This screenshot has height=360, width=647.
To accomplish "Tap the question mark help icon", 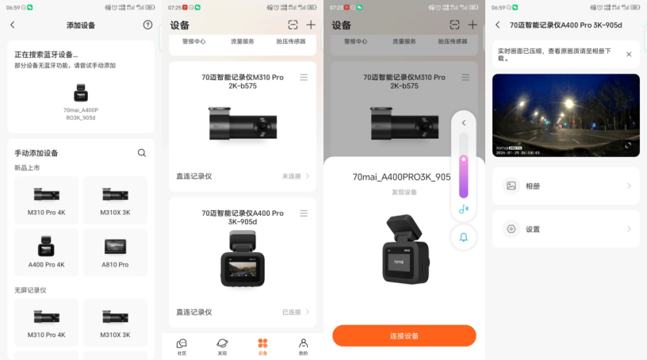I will click(x=147, y=25).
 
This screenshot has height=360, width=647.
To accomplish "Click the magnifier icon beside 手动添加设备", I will click(x=142, y=153).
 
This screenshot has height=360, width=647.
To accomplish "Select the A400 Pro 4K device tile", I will click(x=47, y=251).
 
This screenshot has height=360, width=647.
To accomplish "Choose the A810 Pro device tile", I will click(x=115, y=251).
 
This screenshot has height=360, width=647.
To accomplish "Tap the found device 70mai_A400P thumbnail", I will click(x=81, y=94).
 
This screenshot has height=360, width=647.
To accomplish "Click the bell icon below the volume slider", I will click(x=464, y=236).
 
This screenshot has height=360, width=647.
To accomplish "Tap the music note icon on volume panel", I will click(x=464, y=209).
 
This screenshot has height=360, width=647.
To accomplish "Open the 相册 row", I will click(x=565, y=186).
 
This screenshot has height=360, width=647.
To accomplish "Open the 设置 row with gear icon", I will click(x=565, y=229).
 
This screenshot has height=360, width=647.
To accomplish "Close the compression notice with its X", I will click(x=629, y=55).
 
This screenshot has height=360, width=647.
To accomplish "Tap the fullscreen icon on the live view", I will click(x=629, y=145).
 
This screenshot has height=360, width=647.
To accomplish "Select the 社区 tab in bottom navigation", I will click(x=182, y=346).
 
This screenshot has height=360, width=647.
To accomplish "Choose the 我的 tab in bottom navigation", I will click(x=303, y=346).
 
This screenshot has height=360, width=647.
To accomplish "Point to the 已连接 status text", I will click(x=292, y=312).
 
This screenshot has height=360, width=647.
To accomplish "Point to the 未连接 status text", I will click(x=292, y=176).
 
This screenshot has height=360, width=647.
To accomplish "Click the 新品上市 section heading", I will click(x=29, y=167).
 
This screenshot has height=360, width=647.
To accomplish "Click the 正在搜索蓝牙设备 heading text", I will click(x=46, y=55).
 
